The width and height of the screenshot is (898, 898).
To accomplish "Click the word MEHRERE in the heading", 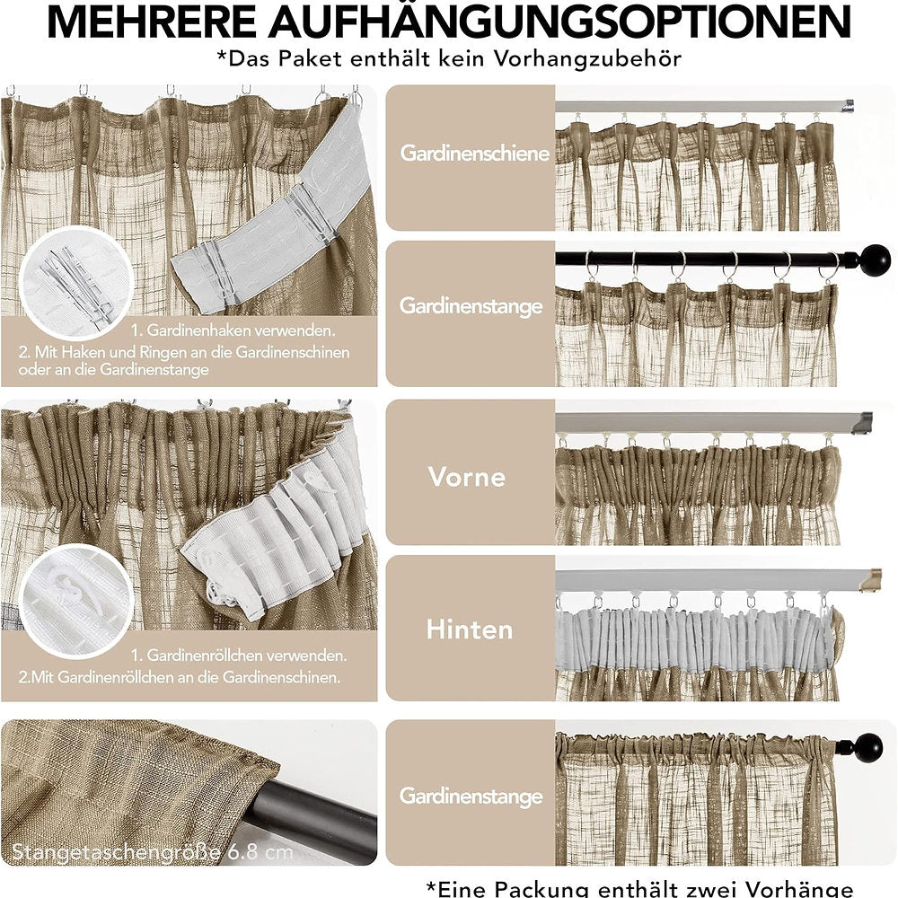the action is pos(151,21).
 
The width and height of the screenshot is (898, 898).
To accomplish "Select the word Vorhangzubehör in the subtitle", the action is pos(587,58).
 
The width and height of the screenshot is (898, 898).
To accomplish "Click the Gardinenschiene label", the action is pos(475,153).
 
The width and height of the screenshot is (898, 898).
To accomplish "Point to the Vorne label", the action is pos(467,477).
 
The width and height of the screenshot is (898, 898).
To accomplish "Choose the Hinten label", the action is pos(470,629).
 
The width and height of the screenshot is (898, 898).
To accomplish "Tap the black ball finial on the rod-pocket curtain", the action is pos(867,747).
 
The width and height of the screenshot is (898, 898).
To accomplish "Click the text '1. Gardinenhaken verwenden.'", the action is pos(233,330).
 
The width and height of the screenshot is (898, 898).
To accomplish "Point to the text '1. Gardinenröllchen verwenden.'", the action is pos(239,656).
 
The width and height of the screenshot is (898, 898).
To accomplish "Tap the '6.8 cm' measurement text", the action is pos(260,851).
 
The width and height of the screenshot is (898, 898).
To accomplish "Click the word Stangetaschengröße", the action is pos(116,852).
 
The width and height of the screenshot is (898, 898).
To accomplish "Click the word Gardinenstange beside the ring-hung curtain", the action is pos(471,306).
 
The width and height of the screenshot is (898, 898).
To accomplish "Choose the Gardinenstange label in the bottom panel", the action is pos(471,796).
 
